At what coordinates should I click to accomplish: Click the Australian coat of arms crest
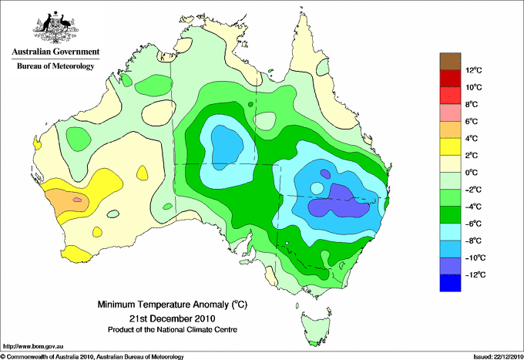(x=55, y=28)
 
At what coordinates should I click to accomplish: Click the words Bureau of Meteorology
(x=55, y=66)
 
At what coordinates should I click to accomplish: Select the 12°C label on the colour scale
(x=474, y=70)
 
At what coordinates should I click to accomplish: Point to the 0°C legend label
(x=472, y=173)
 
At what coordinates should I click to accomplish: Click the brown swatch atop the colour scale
(x=450, y=62)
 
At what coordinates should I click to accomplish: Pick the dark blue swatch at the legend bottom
(x=450, y=283)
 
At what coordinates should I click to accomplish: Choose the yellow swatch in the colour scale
(x=450, y=146)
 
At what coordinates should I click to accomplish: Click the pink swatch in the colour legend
(x=450, y=113)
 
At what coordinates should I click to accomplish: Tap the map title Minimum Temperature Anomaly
(x=172, y=304)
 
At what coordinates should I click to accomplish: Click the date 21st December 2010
(x=172, y=318)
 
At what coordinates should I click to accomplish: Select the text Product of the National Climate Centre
(x=173, y=330)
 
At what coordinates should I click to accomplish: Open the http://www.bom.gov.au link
(x=33, y=347)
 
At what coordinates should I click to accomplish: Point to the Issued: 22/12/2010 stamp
(x=498, y=357)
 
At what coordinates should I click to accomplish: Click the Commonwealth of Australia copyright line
(x=92, y=357)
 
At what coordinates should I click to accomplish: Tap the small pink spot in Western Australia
(x=77, y=200)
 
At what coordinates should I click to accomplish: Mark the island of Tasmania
(x=315, y=328)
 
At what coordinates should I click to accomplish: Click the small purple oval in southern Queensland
(x=325, y=173)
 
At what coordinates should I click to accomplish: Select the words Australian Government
(x=55, y=52)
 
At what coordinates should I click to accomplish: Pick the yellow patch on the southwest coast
(x=79, y=254)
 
